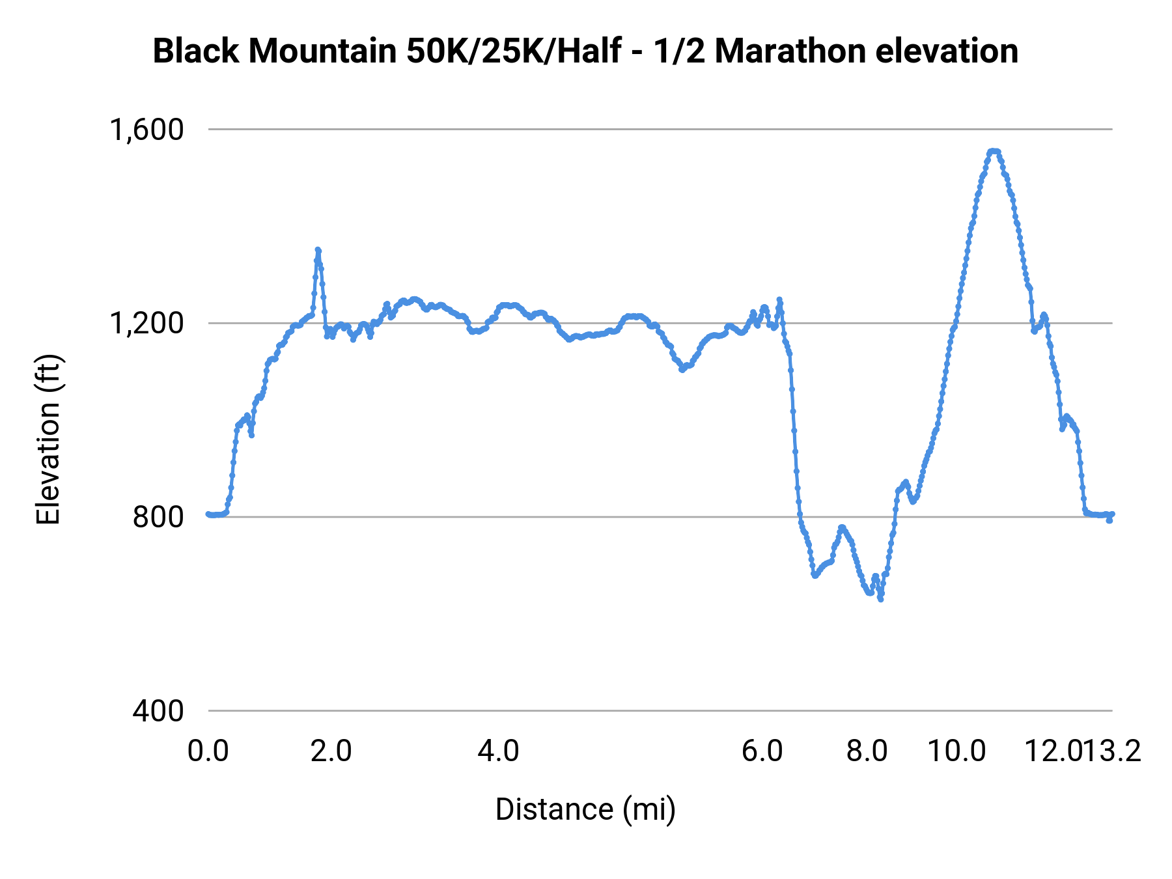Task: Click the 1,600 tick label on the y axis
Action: tap(146, 130)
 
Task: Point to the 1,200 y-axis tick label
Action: tap(146, 323)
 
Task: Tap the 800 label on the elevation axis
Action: tap(158, 517)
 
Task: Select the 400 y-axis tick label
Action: tap(158, 710)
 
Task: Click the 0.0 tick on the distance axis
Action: tap(208, 751)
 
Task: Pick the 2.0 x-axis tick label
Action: tap(331, 751)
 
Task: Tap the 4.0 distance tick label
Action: tap(498, 751)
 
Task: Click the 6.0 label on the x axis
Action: tap(762, 751)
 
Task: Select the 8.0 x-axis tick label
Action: tap(867, 751)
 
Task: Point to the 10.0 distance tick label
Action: tap(956, 751)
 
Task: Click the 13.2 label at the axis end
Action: tap(1121, 751)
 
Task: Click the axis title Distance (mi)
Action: tap(585, 809)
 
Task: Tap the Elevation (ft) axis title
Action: tap(48, 439)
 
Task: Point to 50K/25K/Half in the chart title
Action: tap(514, 51)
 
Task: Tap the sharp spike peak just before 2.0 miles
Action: tap(318, 250)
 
